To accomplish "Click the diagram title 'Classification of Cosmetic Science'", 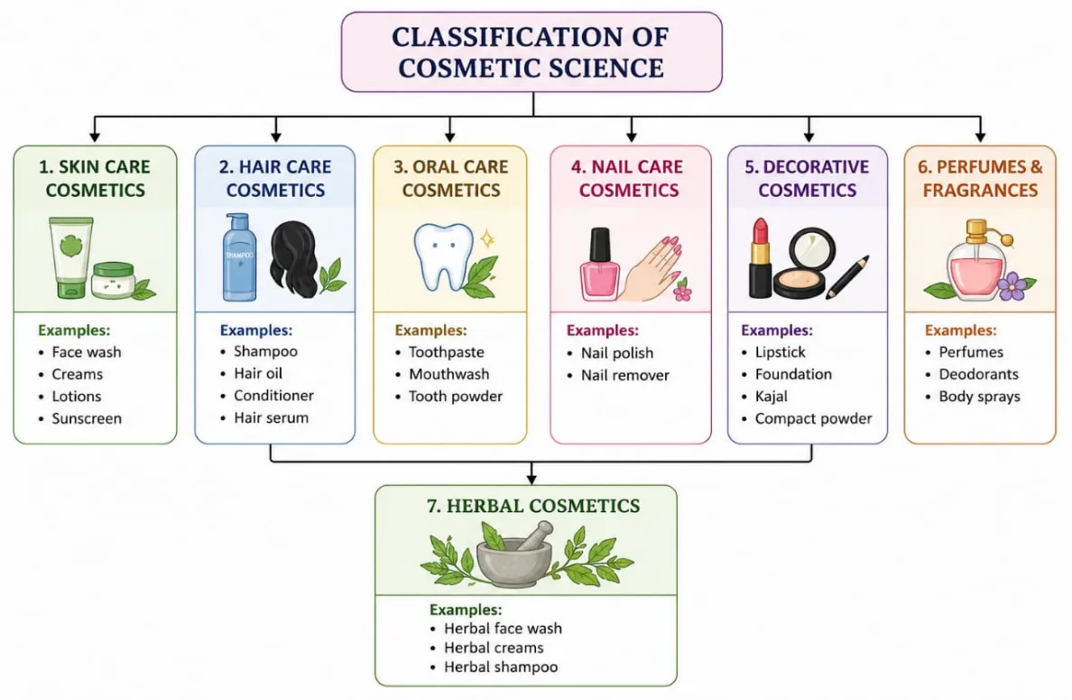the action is point(531,52).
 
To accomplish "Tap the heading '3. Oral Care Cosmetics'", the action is point(450,178).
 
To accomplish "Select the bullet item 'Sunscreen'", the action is point(86,418).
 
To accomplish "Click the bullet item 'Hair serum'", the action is point(271,417).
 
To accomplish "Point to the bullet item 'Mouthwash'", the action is point(448,374).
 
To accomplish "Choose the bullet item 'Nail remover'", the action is point(624,375).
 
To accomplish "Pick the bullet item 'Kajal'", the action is point(772,397).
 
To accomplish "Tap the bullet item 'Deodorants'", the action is point(978,374).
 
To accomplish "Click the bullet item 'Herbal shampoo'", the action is point(501,667).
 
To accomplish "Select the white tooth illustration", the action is point(444,257).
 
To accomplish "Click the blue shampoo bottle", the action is point(239,257).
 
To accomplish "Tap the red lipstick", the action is point(760,258).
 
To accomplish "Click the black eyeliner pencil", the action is point(847,277).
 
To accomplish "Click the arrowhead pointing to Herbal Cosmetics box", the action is point(531,479).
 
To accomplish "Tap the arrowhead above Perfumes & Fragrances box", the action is point(981,137).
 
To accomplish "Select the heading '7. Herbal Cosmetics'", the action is point(533,506).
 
